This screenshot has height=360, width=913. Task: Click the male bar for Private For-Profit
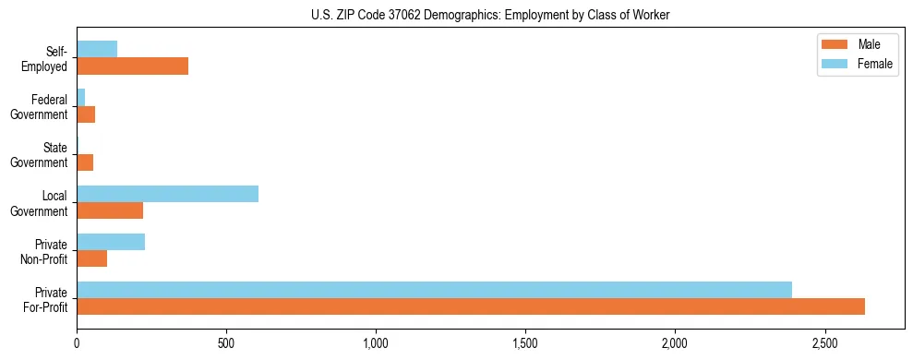471,306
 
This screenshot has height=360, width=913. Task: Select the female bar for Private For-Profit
434,290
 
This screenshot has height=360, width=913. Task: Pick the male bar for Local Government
110,210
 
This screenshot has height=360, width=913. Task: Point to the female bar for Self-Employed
97,49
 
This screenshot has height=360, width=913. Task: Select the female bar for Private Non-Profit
111,242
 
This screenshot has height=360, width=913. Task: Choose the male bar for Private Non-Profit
92,258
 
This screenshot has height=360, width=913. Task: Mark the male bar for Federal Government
86,114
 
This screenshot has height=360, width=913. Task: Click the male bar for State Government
85,162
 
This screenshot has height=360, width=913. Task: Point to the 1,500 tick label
525,343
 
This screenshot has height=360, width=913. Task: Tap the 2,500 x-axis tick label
824,343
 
